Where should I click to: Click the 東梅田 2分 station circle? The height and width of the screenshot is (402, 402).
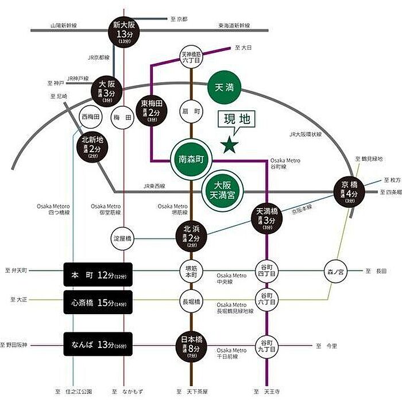pyautogui.click(x=152, y=110)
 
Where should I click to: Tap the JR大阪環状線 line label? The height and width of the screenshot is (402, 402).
pyautogui.click(x=306, y=134)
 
